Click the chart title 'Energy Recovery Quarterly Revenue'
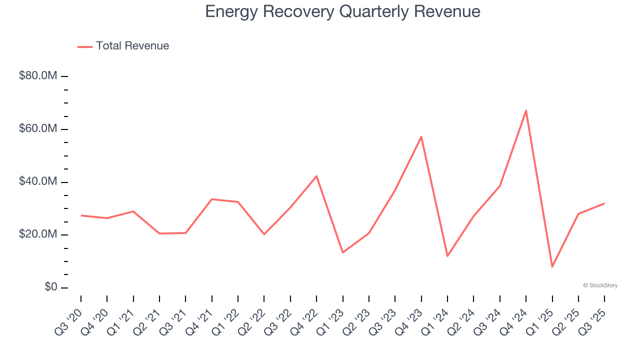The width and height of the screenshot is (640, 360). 342,11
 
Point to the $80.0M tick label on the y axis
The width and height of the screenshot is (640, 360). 38,76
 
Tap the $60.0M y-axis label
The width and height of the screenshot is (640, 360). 38,129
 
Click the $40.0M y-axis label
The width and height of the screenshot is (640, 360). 38,181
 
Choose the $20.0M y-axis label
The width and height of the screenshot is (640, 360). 38,234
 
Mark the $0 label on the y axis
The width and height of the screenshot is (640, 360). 50,287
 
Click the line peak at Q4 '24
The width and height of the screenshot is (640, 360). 526,110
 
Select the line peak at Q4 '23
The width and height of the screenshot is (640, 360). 421,136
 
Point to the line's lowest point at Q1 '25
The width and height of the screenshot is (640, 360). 552,266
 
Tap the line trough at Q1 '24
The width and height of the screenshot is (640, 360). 447,256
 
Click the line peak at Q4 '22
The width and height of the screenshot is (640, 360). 316,176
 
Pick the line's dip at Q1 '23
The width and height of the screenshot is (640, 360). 342,252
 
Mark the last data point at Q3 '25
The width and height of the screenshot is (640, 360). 604,203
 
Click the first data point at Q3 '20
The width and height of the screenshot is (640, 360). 81,215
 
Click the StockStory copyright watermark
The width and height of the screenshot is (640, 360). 600,285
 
